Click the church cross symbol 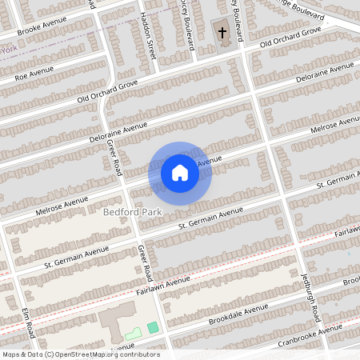pos(222,34)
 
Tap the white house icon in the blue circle pos(180,172)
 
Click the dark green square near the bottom pos(153,327)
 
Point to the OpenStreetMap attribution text pos(81,354)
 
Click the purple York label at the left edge pos(9,50)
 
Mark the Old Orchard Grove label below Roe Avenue pos(107,90)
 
